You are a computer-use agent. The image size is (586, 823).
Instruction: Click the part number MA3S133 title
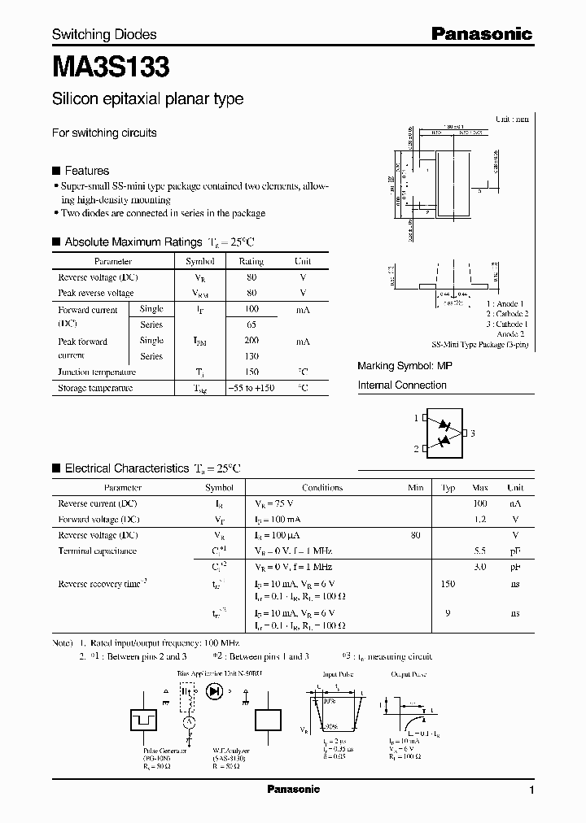(x=111, y=67)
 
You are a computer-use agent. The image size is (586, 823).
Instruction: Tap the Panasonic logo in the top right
(x=481, y=34)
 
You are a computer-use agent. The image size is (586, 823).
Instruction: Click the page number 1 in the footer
(x=531, y=790)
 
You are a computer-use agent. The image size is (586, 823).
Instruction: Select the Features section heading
(x=86, y=171)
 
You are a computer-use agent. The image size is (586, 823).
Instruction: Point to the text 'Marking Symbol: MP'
(x=405, y=367)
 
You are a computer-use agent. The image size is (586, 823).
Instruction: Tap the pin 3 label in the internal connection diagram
(x=472, y=433)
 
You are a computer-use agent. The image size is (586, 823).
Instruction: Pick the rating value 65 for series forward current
(x=251, y=324)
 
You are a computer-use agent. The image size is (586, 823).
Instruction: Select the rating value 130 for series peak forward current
(x=251, y=356)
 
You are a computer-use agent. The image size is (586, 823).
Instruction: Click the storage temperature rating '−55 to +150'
(x=251, y=389)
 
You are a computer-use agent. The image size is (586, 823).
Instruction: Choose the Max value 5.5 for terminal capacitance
(x=480, y=551)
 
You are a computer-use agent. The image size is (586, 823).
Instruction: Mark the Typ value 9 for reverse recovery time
(x=448, y=614)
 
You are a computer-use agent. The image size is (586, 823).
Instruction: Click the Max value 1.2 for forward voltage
(x=480, y=520)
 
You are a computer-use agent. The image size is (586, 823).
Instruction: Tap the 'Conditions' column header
(x=322, y=488)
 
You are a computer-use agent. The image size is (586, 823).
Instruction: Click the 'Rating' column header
(x=251, y=262)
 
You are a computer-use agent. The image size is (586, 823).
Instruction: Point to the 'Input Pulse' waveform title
(x=337, y=674)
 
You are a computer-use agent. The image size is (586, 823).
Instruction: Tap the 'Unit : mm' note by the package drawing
(x=511, y=119)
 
